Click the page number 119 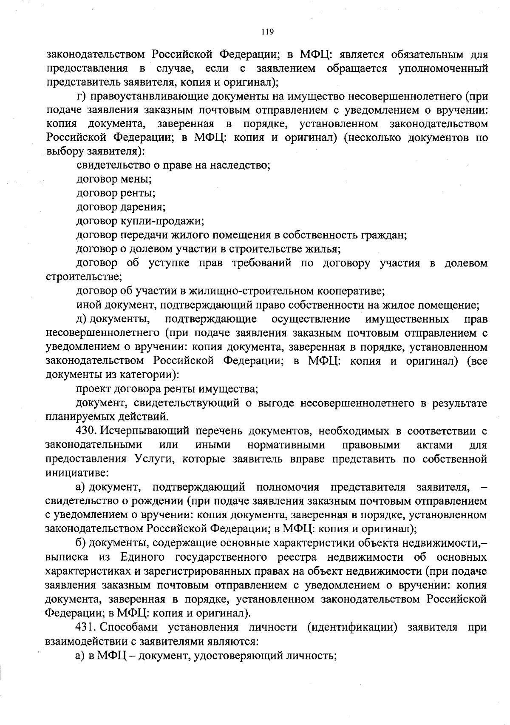[267, 31]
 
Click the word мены [138, 180]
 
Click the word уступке [169, 263]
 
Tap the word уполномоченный [443, 69]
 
